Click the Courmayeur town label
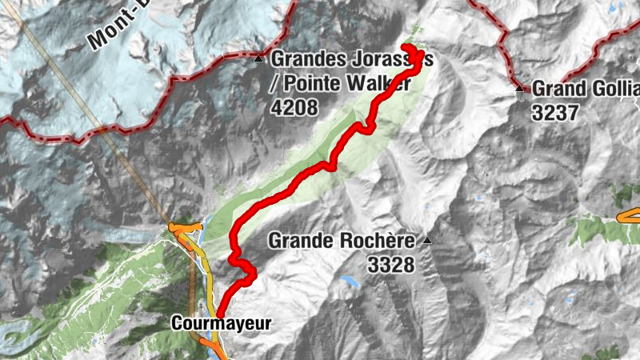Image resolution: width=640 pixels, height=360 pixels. (221, 324)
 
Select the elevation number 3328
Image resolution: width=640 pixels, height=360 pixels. (391, 264)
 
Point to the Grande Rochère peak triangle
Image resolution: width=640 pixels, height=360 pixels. (427, 240)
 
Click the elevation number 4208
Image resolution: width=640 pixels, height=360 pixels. (294, 106)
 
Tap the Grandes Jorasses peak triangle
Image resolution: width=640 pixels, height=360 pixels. (258, 59)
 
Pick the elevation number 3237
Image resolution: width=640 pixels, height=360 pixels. (554, 112)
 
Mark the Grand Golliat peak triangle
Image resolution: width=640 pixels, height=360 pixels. (519, 87)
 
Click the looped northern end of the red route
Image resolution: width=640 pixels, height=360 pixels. (414, 56)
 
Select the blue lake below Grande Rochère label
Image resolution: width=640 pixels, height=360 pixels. (349, 282)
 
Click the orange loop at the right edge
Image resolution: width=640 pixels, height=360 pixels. (630, 214)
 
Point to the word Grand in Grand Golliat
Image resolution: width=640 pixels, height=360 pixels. (556, 87)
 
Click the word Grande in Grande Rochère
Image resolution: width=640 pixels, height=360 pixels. (299, 239)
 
